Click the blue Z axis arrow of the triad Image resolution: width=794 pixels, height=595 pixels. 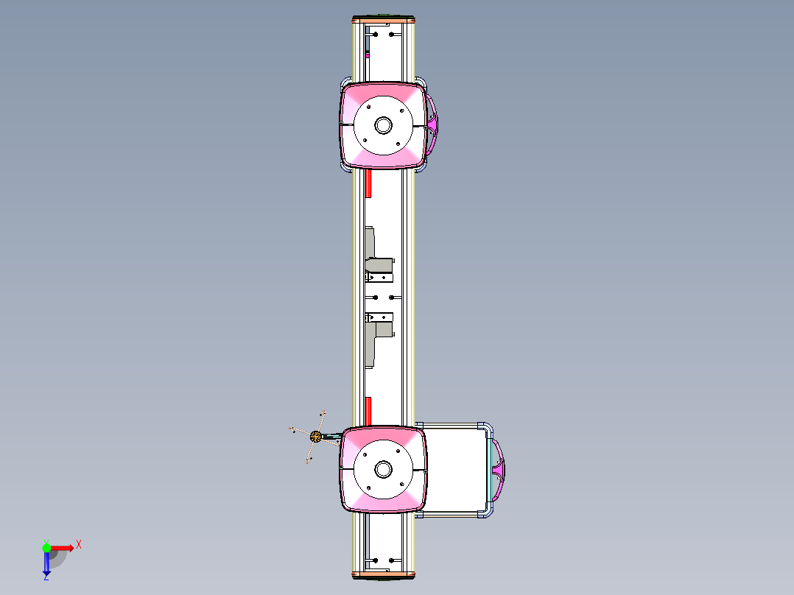pos(46,563)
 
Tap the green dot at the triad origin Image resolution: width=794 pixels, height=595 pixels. pos(46,547)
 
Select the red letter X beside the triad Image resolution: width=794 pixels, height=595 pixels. pos(79,545)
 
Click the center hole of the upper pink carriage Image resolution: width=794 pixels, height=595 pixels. pos(383,125)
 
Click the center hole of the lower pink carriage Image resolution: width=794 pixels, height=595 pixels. pos(383,469)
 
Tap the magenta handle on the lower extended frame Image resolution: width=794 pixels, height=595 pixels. pos(501,469)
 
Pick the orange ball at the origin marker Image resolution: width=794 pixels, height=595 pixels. pos(316,437)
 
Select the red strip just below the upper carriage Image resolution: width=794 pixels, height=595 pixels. pos(368,183)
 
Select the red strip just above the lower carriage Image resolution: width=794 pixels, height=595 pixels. pos(368,410)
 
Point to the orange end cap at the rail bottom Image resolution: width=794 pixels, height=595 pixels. pos(384,573)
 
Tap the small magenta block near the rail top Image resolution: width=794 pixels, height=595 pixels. pos(368,54)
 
